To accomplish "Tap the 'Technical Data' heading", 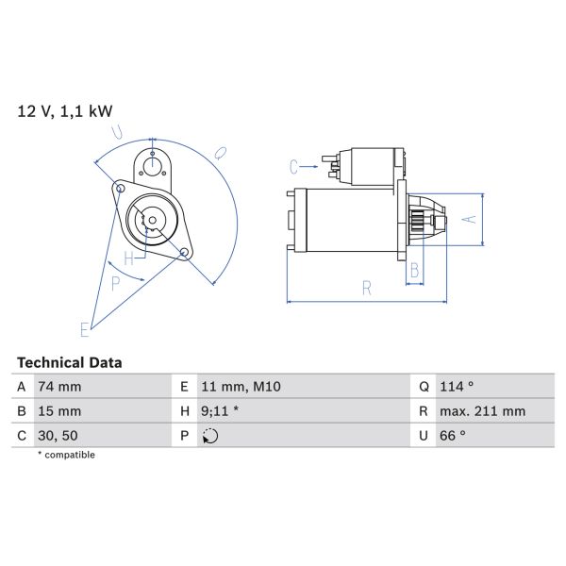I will pos(70,362).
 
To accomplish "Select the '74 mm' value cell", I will pos(59,387).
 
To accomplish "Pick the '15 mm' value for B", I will pos(58,411).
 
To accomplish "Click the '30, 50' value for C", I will pos(58,436).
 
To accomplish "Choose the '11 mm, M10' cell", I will pos(241,387).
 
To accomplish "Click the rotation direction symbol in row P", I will pos(210,436).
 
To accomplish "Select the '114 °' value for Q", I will pos(457,387).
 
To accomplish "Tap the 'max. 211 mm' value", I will pos(483,411).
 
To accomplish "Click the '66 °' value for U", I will pos(453,436).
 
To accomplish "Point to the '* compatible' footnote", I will pos(66,455).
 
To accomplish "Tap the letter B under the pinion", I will pos(412,271).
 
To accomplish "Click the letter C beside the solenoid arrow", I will pos(294,167).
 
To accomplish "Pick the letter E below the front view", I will pos(84,329).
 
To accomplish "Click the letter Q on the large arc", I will pos(220,151).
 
